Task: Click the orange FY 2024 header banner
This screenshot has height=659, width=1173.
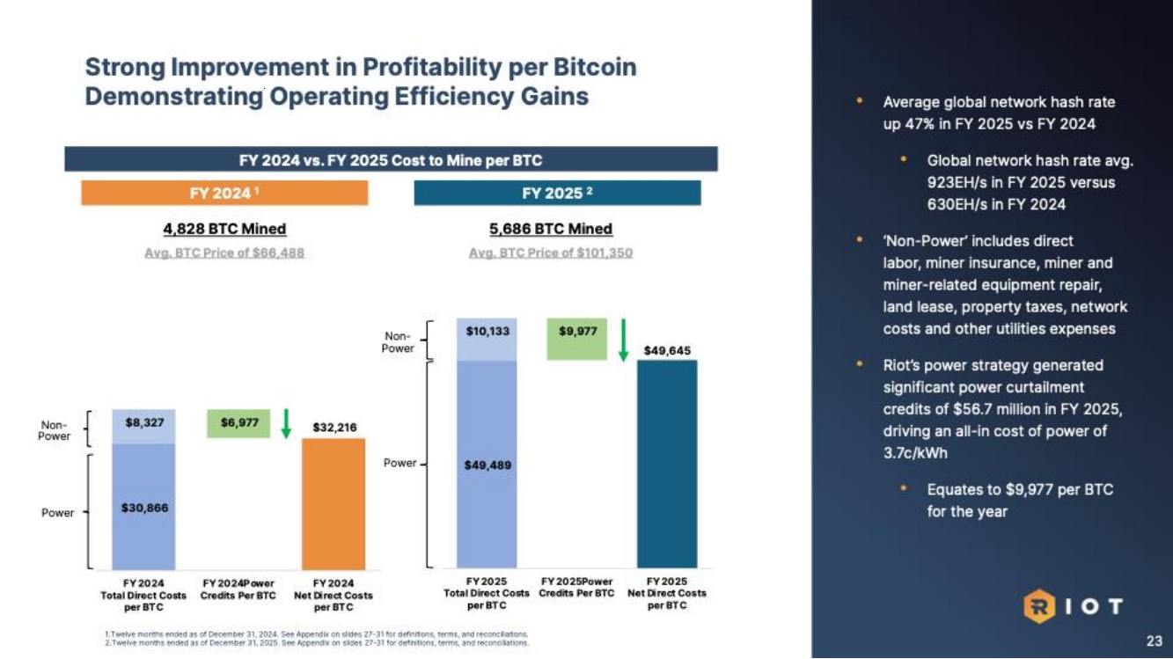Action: (224, 193)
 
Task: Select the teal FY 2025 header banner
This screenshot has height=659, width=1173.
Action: (557, 193)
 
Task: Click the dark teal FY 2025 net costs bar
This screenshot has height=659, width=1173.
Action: (666, 464)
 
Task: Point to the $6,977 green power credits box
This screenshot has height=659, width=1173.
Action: (238, 423)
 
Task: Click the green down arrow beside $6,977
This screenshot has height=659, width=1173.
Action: (286, 423)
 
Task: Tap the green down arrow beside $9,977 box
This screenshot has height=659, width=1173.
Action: (623, 340)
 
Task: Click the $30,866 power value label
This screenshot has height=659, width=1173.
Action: (143, 508)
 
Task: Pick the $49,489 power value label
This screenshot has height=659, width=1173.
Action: (487, 465)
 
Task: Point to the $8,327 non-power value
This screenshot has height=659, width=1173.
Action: (143, 422)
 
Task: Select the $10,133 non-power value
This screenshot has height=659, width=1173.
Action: (487, 332)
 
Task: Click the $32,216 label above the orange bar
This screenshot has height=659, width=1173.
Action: (334, 428)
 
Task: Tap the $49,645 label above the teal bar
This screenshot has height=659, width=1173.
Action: (666, 350)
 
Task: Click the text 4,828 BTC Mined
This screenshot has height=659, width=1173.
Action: (224, 229)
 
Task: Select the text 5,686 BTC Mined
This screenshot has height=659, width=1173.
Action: (551, 229)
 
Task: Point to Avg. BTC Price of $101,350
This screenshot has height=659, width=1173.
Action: (551, 253)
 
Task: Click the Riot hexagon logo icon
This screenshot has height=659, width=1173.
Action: (1037, 606)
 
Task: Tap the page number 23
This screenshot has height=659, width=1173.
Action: (1153, 641)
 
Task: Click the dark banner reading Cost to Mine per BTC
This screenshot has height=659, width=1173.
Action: (391, 160)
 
